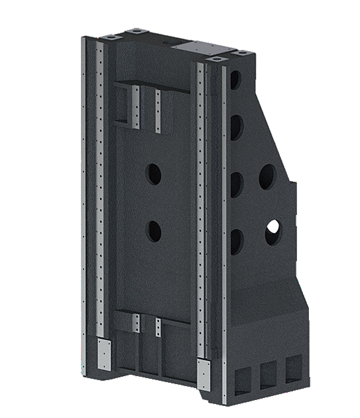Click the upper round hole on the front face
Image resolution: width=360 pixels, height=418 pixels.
click(x=154, y=174)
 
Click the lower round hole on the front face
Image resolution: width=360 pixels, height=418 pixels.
click(x=154, y=231)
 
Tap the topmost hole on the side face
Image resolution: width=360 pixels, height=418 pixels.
click(x=235, y=80)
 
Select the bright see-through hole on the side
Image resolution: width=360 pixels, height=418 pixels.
click(x=272, y=232)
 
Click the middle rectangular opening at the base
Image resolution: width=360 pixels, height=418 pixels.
click(x=268, y=376)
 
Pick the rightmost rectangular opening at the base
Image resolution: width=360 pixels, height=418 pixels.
click(x=293, y=370)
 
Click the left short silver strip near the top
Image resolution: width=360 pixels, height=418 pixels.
click(x=135, y=107)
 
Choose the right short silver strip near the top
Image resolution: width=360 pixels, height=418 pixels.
click(x=158, y=111)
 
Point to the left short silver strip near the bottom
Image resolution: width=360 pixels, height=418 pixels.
click(x=136, y=324)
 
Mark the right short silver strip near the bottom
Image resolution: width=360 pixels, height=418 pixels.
click(x=158, y=327)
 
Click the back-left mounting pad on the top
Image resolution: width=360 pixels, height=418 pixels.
click(x=136, y=31)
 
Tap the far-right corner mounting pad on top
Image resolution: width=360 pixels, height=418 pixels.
click(x=243, y=52)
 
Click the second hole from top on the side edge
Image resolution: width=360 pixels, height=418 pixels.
click(x=235, y=127)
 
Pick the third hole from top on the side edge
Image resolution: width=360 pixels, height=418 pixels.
click(x=236, y=184)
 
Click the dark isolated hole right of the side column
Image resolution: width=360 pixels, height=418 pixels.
click(x=267, y=176)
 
